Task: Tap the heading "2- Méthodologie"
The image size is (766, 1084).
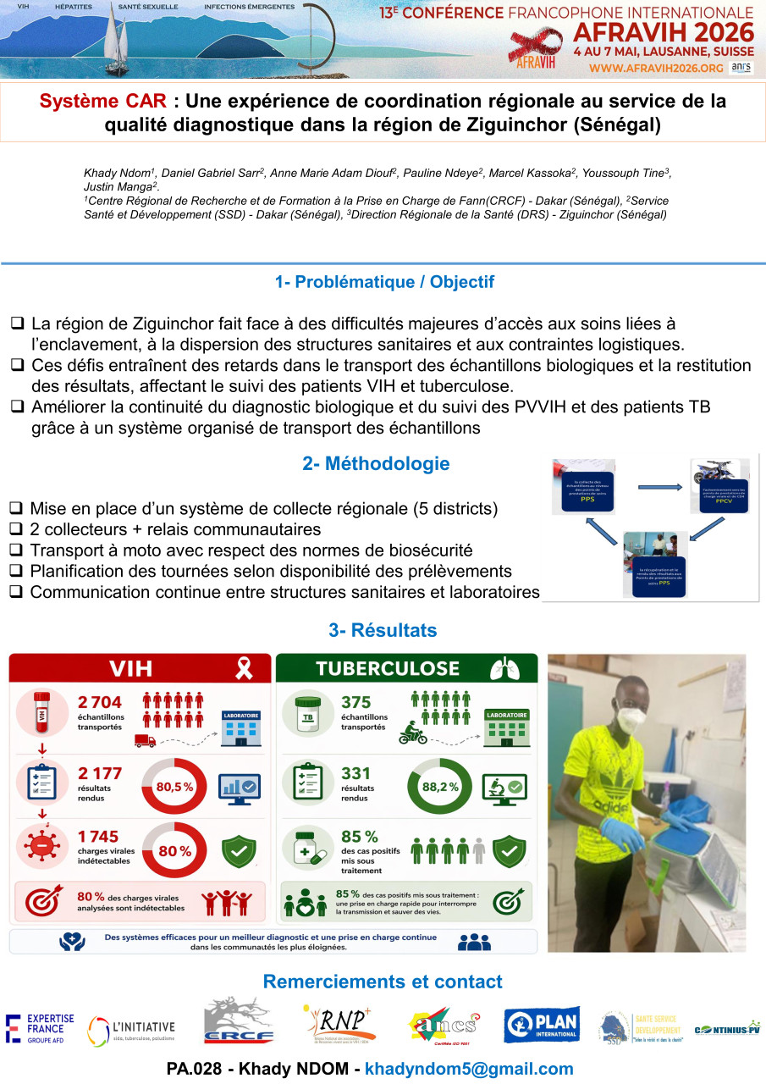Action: [x=376, y=464]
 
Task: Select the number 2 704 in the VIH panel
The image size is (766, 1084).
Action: [x=100, y=702]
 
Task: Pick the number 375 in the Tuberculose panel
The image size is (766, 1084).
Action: [x=356, y=702]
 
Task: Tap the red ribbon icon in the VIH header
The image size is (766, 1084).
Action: [x=245, y=669]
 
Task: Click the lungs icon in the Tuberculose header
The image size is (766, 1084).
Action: [x=504, y=669]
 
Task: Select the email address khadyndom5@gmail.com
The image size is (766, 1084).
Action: [x=469, y=1069]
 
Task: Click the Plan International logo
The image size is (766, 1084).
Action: [x=542, y=1025]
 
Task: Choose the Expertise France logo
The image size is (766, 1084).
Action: [x=40, y=1028]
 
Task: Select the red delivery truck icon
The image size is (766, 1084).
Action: [x=145, y=741]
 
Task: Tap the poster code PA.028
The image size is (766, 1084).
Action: [x=196, y=1069]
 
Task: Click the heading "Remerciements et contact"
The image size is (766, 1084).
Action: [x=383, y=982]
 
